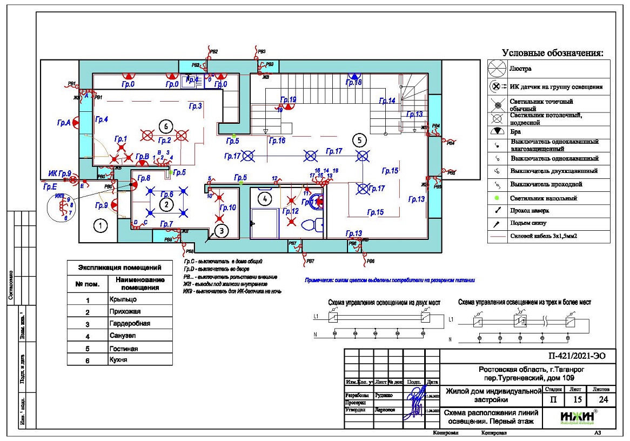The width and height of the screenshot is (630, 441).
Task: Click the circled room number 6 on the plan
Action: point(166,126)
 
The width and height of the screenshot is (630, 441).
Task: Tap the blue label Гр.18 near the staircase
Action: point(354,83)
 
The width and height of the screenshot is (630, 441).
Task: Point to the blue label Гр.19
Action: point(289,100)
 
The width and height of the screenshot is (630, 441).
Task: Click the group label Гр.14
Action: point(387,101)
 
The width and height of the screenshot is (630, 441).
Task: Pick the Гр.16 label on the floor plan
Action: point(277,141)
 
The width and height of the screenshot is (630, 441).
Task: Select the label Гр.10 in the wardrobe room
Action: point(229,208)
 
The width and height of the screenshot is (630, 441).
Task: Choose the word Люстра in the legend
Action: point(521,69)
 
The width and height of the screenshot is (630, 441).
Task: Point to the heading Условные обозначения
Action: point(552,53)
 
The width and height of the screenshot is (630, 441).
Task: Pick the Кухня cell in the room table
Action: point(118,360)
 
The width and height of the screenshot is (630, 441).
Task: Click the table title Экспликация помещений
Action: point(120,267)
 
